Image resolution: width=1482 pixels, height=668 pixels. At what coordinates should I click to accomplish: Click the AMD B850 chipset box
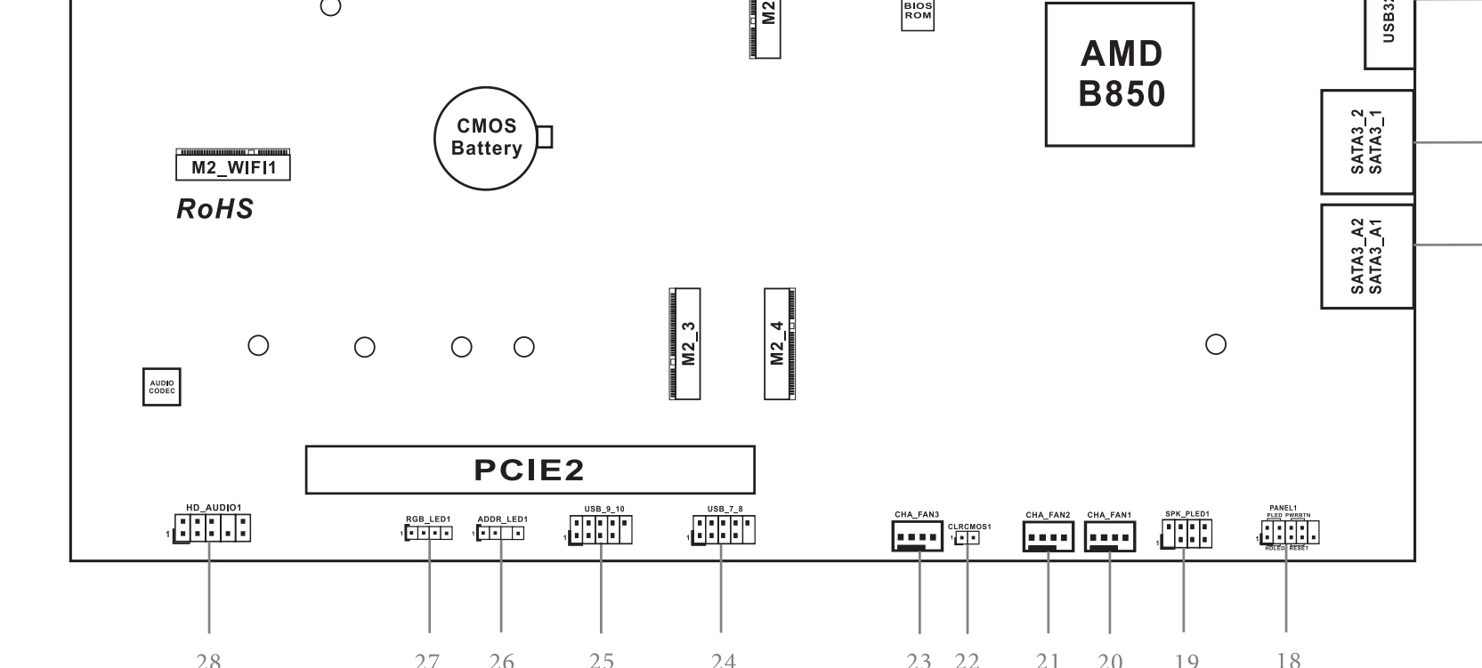point(1119,74)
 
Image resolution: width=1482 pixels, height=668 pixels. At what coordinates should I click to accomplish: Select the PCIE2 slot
point(530,470)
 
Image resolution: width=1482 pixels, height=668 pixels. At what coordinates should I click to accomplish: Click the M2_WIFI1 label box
point(233,167)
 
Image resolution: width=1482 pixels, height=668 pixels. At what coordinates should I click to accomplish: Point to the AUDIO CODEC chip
point(162,387)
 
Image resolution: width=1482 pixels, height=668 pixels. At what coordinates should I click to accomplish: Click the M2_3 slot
point(685,343)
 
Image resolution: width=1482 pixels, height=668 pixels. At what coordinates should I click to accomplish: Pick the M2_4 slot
point(779,343)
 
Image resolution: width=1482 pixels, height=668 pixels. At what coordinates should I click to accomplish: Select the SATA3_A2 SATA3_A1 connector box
point(1367,256)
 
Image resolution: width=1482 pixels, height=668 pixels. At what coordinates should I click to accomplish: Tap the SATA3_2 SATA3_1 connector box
point(1367,142)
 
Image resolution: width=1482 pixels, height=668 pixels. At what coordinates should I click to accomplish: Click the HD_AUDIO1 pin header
point(212,529)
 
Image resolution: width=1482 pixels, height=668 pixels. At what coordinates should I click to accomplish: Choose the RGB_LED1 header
point(429,534)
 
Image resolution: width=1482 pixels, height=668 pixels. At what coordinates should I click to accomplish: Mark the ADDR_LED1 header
point(500,534)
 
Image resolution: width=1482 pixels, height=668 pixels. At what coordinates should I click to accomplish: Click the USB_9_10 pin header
point(600,531)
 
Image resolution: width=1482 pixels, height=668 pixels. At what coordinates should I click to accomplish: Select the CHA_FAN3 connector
point(917,537)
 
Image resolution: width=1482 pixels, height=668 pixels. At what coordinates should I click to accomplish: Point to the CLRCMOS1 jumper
point(968,537)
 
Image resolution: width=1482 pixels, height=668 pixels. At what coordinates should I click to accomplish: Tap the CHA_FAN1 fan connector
point(1110,537)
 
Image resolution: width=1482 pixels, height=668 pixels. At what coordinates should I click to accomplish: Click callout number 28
point(208,660)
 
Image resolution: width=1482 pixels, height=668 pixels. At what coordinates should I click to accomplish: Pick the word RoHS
point(215,209)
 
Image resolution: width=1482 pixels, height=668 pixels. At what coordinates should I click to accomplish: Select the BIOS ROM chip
point(918,13)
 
